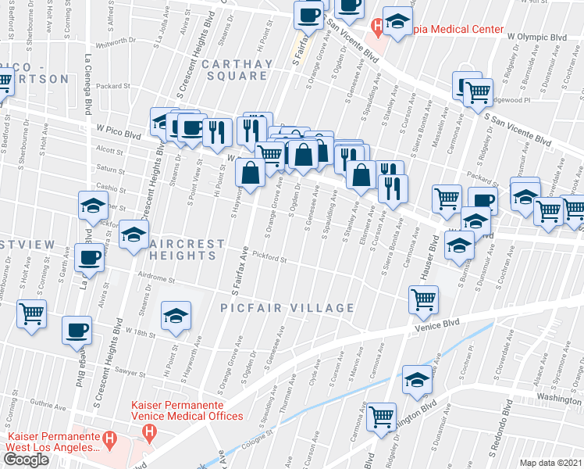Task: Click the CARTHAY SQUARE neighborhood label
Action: point(234,70)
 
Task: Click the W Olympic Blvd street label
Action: point(536,36)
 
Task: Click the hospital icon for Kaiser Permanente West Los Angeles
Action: point(110,441)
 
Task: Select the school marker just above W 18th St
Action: point(175,315)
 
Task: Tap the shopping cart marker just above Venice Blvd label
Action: point(422,298)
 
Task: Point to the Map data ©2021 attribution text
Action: point(550,463)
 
